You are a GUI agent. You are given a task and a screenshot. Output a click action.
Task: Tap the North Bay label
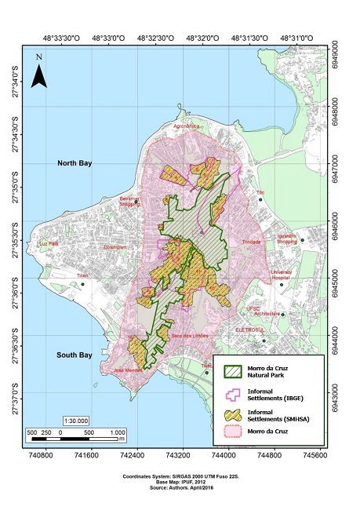(75, 162)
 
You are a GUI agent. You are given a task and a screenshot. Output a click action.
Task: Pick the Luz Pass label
(49, 243)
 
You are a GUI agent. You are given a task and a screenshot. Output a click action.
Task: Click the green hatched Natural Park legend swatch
(237, 369)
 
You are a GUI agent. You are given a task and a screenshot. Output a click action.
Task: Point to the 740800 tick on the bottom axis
(41, 455)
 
